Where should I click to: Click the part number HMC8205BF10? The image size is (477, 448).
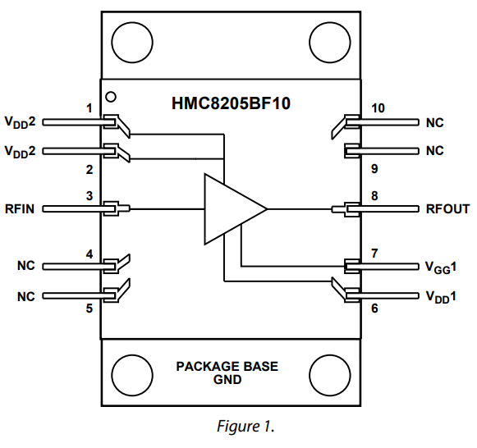[x=231, y=103]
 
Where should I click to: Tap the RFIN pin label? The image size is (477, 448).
[x=20, y=209]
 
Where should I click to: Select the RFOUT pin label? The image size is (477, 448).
[x=447, y=209]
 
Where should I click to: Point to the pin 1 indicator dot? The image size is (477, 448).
[x=111, y=97]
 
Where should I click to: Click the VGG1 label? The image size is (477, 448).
[x=441, y=267]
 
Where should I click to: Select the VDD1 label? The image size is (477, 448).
[x=441, y=297]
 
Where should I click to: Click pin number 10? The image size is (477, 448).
[x=378, y=108]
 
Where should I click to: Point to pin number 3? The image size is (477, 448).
[x=89, y=196]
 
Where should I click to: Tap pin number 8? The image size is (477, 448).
[x=374, y=196]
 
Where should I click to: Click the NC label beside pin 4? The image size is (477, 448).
[x=25, y=266]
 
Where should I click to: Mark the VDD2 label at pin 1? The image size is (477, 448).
[x=20, y=122]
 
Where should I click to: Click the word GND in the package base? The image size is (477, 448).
[x=227, y=380]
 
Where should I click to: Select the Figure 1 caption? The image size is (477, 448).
[x=245, y=426]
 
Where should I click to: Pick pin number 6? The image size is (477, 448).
[x=374, y=309]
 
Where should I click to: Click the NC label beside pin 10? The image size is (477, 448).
[x=434, y=123]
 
